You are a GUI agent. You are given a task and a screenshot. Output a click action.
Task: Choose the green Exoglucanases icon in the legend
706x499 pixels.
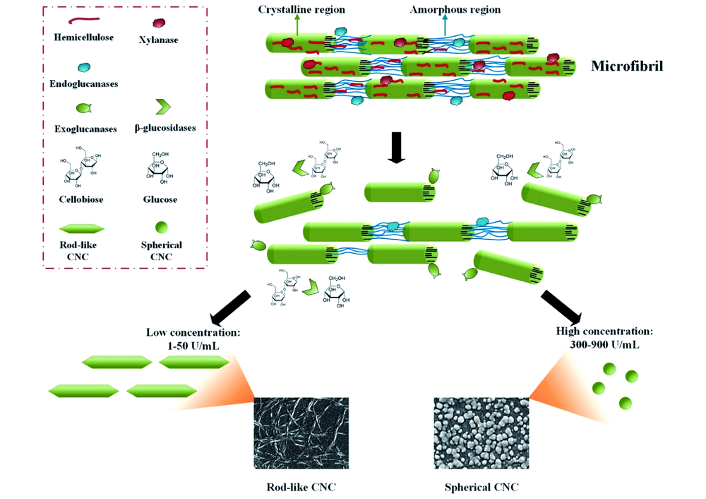point(83,108)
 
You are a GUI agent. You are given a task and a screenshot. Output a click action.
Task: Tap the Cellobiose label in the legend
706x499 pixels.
point(81,199)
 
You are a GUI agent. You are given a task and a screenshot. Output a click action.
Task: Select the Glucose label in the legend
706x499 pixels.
point(161,199)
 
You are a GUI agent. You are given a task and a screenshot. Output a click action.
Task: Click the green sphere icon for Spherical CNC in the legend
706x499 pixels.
point(161,228)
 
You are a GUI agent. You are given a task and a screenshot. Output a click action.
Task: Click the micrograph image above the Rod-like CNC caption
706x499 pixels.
point(301,432)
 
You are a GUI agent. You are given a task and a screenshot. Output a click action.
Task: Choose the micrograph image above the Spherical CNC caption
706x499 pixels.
point(481,432)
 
